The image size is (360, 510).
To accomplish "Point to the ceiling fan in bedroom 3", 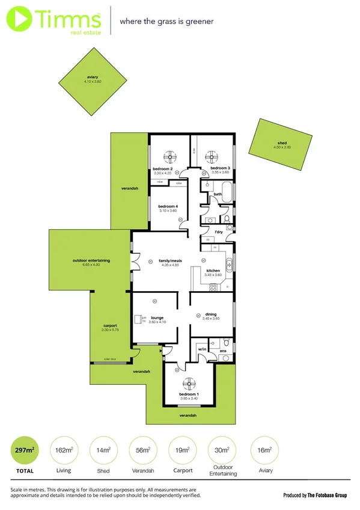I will click(210, 157).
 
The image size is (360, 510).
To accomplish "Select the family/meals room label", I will click(169, 261).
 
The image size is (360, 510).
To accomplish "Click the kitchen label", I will click(213, 271).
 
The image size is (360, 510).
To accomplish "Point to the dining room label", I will click(211, 315).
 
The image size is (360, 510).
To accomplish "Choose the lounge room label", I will click(157, 318).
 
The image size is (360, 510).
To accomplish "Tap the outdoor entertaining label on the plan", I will click(90, 260).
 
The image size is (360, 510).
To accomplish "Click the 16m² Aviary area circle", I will click(261, 450).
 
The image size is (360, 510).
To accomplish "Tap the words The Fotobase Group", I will click(327, 495).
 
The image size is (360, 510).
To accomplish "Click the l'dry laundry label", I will click(219, 232).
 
